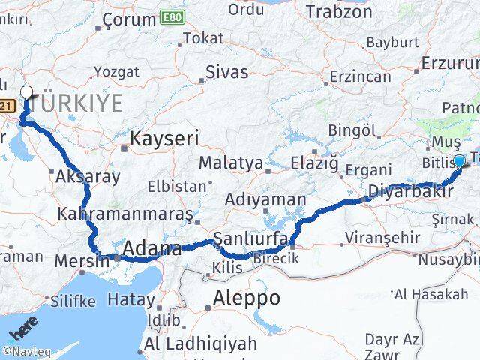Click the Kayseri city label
(164, 139)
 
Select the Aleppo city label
(247, 298)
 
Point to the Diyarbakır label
(409, 193)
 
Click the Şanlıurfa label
(247, 239)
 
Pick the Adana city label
(152, 249)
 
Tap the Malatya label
(231, 163)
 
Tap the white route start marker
(26, 93)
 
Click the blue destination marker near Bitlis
(460, 160)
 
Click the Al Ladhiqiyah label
(201, 344)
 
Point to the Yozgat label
(116, 72)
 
